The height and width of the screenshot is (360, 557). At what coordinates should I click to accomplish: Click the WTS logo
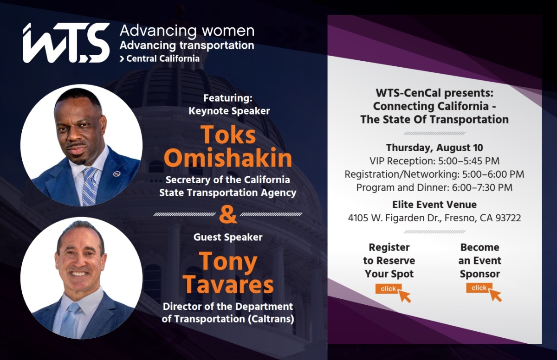(66, 43)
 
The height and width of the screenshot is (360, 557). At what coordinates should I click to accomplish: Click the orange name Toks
(228, 135)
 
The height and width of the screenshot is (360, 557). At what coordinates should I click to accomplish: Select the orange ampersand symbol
(227, 215)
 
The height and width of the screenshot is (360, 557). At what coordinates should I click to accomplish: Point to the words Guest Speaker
(227, 237)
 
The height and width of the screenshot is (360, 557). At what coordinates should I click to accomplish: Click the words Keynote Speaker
(229, 111)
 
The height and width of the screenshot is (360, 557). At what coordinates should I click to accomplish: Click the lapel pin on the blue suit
(117, 174)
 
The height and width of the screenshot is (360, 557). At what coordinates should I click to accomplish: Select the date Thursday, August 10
(434, 148)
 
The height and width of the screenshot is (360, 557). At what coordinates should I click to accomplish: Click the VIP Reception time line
(434, 161)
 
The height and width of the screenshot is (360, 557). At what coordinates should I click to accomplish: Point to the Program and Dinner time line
(434, 187)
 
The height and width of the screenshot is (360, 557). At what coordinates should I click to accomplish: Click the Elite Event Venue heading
(434, 205)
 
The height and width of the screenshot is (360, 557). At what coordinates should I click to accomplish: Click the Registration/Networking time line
(434, 174)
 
